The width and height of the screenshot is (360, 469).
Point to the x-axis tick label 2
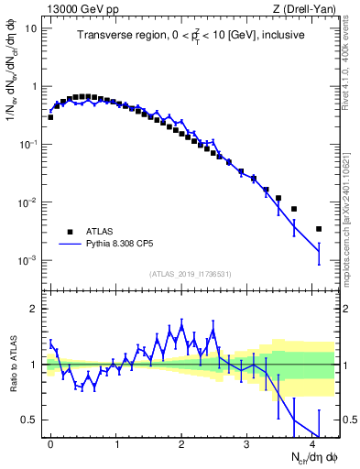point(181,444)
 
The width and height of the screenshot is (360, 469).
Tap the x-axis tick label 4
point(312,444)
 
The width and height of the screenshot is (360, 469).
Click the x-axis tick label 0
point(50,444)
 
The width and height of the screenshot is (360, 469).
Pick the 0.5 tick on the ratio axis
point(31,420)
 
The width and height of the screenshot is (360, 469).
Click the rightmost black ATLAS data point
point(319,229)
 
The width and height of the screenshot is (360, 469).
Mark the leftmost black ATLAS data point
point(50,117)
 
